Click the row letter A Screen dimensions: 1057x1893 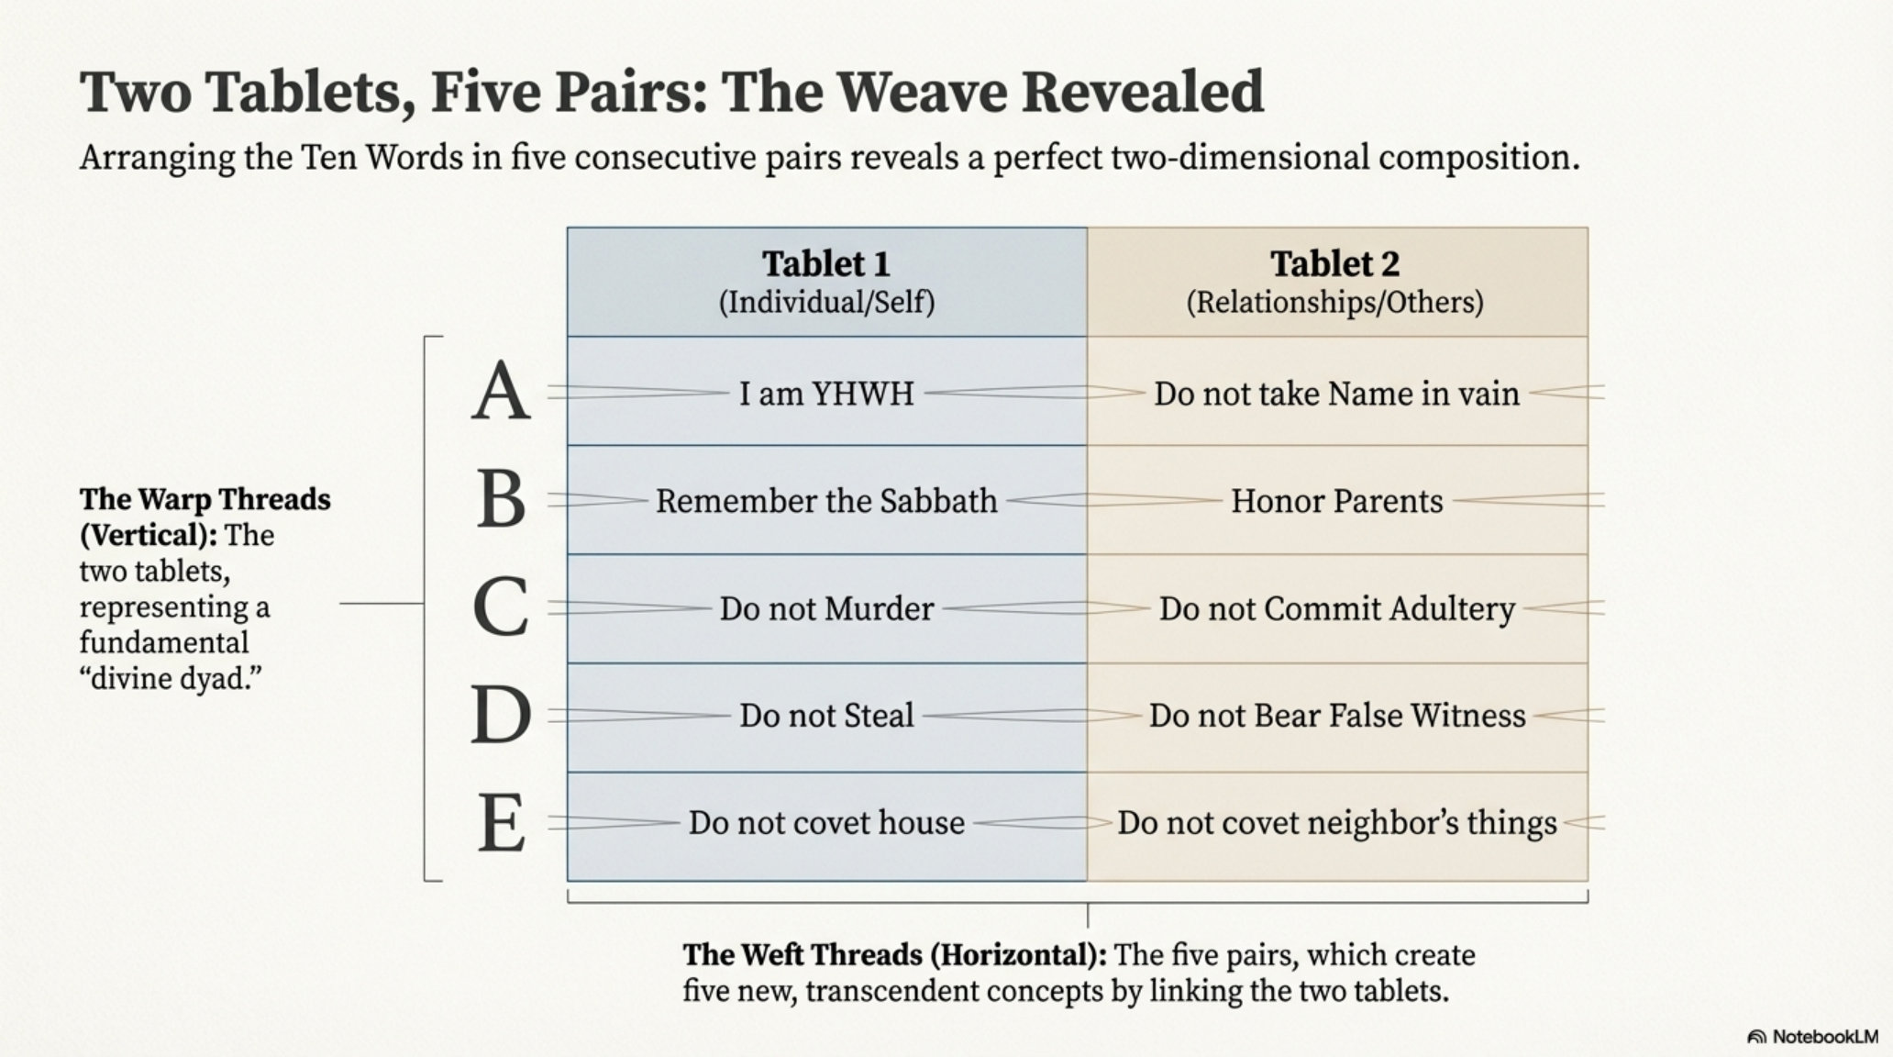pyautogui.click(x=501, y=392)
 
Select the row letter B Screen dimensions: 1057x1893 pyautogui.click(x=501, y=500)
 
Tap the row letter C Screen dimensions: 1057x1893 pyautogui.click(x=501, y=607)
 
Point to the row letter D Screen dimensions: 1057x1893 pyautogui.click(x=501, y=716)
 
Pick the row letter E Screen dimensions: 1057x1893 pyautogui.click(x=501, y=823)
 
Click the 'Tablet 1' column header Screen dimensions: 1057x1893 pyautogui.click(x=826, y=282)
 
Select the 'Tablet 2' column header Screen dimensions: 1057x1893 pyautogui.click(x=1335, y=282)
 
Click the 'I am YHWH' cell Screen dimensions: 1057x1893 pyautogui.click(x=826, y=394)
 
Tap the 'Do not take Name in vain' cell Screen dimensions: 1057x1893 pyautogui.click(x=1336, y=394)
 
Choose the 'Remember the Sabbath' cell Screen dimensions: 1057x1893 pyautogui.click(x=826, y=501)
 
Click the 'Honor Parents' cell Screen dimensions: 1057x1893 pyautogui.click(x=1336, y=501)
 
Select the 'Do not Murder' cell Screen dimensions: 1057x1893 pyautogui.click(x=826, y=608)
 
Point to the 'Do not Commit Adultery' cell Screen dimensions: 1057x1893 pyautogui.click(x=1336, y=608)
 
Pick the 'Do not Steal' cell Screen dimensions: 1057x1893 pyautogui.click(x=826, y=716)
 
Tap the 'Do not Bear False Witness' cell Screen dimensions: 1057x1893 pyautogui.click(x=1336, y=716)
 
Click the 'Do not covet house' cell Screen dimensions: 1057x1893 pyautogui.click(x=826, y=823)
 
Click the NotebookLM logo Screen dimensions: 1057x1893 pyautogui.click(x=1811, y=1037)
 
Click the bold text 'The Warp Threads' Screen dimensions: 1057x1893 pyautogui.click(x=205, y=499)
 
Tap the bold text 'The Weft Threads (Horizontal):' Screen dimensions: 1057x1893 pyautogui.click(x=894, y=955)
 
